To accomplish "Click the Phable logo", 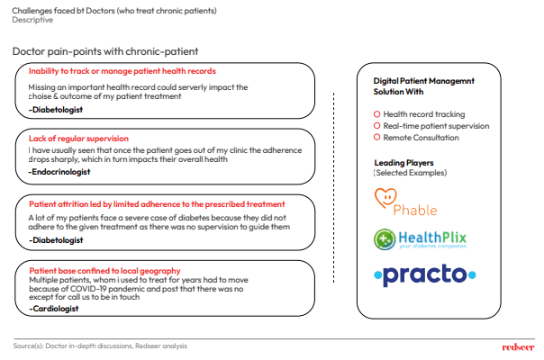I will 404,202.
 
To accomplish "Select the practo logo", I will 422,274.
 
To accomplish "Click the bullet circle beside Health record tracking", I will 376,114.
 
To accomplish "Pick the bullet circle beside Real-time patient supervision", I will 376,126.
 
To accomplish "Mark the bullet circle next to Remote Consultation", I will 376,138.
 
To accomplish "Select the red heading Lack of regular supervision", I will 78,139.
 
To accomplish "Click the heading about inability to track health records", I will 122,71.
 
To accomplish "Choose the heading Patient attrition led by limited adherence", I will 156,204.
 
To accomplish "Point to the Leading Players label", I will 403,163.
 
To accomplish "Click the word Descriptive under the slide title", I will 32,19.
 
